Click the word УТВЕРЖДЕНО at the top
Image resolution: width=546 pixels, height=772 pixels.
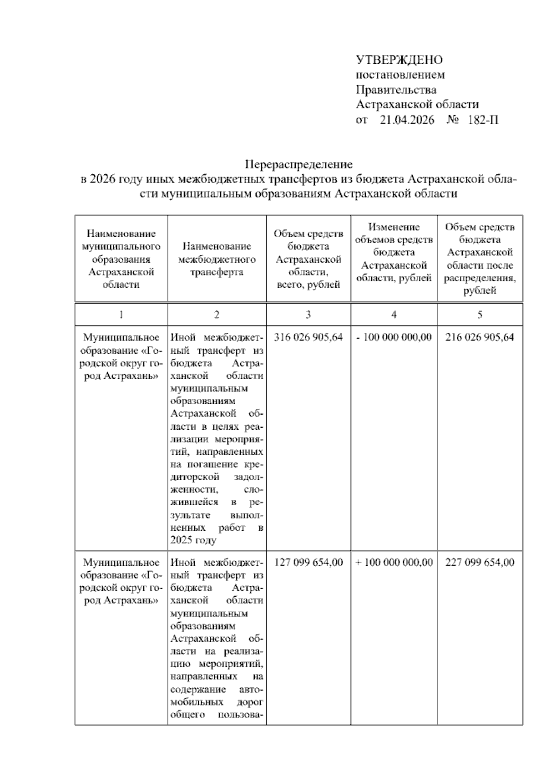(x=399, y=60)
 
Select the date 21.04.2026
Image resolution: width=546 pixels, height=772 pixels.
(x=407, y=120)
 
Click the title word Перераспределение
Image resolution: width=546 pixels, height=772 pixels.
(x=299, y=164)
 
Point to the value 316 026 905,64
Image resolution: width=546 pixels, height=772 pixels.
(x=308, y=337)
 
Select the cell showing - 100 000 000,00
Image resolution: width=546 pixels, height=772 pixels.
(x=394, y=337)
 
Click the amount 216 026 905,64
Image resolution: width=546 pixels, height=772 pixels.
(x=480, y=337)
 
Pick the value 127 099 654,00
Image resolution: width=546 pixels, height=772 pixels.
(x=308, y=562)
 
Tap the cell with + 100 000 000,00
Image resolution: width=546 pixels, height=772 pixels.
(x=394, y=562)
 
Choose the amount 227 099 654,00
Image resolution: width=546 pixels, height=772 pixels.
(x=480, y=562)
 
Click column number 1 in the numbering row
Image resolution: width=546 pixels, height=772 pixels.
(x=121, y=315)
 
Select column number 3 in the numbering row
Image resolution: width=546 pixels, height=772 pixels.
(x=308, y=315)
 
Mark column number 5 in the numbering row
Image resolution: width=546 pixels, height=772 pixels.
(x=480, y=315)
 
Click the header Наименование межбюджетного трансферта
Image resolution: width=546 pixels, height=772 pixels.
(x=217, y=259)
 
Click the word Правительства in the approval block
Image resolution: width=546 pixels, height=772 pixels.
(x=396, y=90)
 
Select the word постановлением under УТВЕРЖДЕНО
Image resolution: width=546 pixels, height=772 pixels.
(x=400, y=75)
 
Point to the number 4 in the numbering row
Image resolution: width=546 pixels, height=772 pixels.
(x=394, y=315)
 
